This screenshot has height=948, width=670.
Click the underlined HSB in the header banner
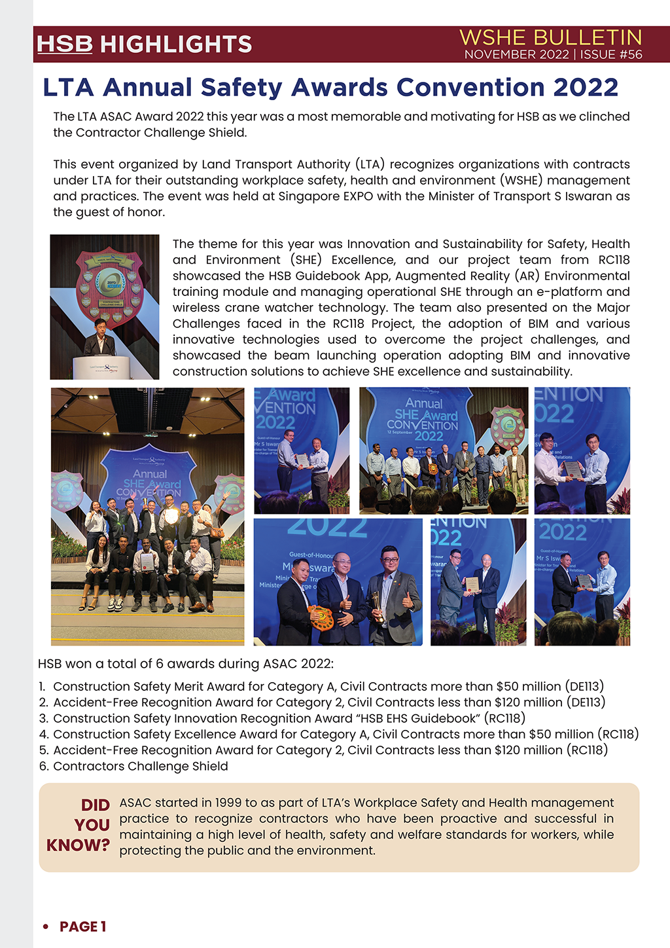pos(64,44)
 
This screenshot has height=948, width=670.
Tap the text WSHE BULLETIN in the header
pos(550,37)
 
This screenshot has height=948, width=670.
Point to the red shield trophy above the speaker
pos(109,285)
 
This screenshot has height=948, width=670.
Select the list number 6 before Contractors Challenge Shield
pos(43,766)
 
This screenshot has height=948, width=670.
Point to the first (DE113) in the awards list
pos(584,686)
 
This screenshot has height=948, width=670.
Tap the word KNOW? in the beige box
pos(78,845)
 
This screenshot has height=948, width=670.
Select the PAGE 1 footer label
pos(82,926)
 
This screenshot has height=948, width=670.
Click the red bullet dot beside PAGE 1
pos(45,926)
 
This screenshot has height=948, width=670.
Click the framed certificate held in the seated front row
pos(147,562)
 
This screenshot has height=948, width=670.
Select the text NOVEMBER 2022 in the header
pos(516,55)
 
